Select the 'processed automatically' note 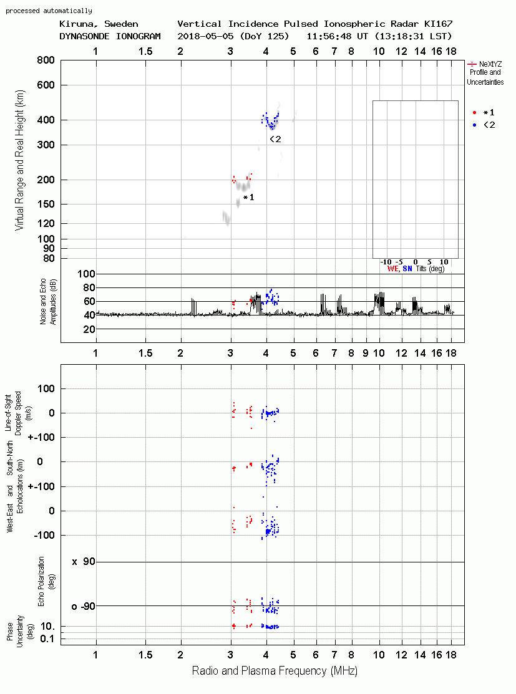[49, 11]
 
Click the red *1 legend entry [484, 112]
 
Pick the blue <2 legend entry [484, 125]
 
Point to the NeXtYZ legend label [485, 64]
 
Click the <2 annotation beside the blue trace [276, 139]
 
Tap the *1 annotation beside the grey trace [249, 198]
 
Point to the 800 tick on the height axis [46, 60]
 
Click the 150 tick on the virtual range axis [46, 204]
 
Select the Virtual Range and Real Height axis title [19, 160]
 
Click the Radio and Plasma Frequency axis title [275, 671]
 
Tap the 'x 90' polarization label [84, 562]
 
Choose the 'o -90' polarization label [83, 606]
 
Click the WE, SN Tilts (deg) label [416, 269]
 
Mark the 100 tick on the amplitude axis [86, 274]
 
